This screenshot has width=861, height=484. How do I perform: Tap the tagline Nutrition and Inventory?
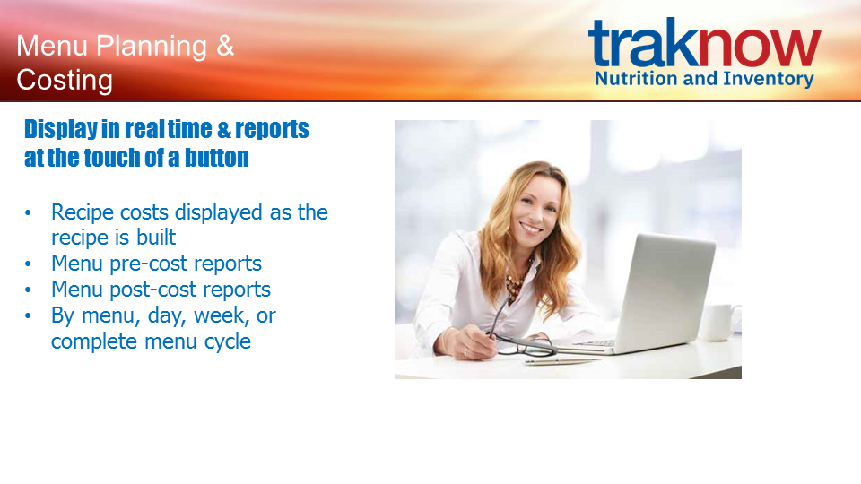pyautogui.click(x=705, y=79)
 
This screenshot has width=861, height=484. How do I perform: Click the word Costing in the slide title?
pyautogui.click(x=65, y=80)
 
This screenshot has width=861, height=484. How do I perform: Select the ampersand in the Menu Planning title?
pyautogui.click(x=225, y=46)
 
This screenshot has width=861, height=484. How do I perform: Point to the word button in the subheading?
pyautogui.click(x=216, y=158)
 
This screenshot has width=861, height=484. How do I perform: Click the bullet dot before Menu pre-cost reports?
pyautogui.click(x=28, y=264)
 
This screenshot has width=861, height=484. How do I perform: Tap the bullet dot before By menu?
pyautogui.click(x=28, y=316)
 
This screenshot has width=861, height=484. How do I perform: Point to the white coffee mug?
pyautogui.click(x=719, y=322)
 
